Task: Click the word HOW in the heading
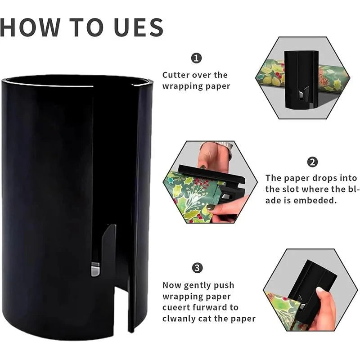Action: pyautogui.click(x=30, y=27)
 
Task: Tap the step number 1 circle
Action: pyautogui.click(x=196, y=58)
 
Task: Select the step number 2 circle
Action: pyautogui.click(x=312, y=162)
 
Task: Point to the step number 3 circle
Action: pyautogui.click(x=197, y=268)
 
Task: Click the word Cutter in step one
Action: pyautogui.click(x=176, y=75)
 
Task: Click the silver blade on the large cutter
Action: pyautogui.click(x=95, y=269)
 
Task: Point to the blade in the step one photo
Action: pyautogui.click(x=301, y=94)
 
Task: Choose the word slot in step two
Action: pyautogui.click(x=292, y=189)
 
